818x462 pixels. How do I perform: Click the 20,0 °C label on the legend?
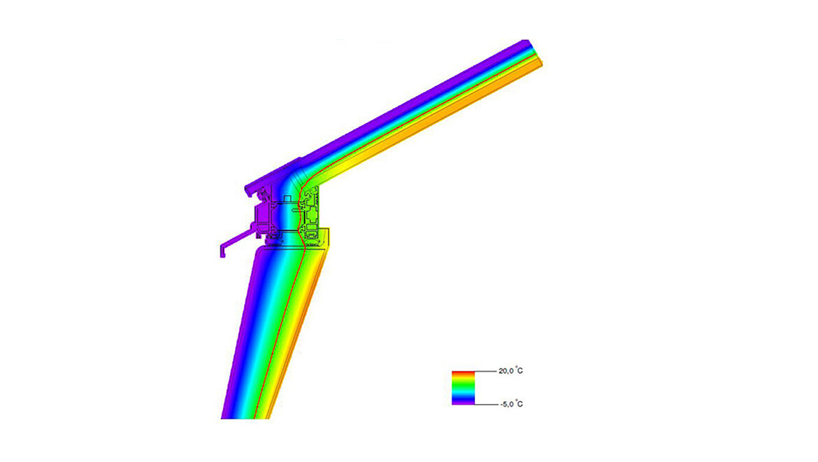[x=510, y=371]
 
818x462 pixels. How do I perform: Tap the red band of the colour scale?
[x=463, y=372]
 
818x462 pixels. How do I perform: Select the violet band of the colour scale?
[x=463, y=402]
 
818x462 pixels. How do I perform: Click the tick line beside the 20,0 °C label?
[x=485, y=371]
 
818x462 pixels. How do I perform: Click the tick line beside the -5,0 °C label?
[x=485, y=405]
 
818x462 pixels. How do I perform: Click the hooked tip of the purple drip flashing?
[x=222, y=249]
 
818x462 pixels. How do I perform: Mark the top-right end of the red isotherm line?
[x=535, y=54]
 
